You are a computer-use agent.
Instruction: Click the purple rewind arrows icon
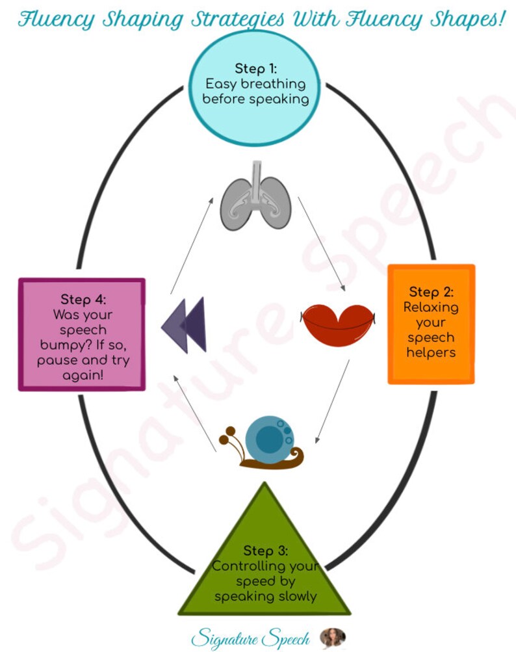[x=185, y=324]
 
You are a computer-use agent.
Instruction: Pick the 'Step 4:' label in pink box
[x=83, y=300]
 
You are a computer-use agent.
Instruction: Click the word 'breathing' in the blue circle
[x=274, y=84]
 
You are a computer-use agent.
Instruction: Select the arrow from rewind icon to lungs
[x=192, y=247]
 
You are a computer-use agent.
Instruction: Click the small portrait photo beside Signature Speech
[x=332, y=636]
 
